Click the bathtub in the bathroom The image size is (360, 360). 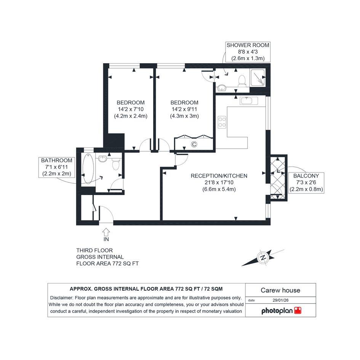pyautogui.click(x=88, y=168)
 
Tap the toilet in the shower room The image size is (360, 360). pyautogui.click(x=242, y=81)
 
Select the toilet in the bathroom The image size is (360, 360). pyautogui.click(x=116, y=164)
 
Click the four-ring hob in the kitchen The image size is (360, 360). pyautogui.click(x=222, y=122)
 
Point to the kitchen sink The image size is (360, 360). pyautogui.click(x=249, y=101)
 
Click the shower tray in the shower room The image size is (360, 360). pyautogui.click(x=258, y=77)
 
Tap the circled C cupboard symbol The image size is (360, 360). pyautogui.click(x=194, y=144)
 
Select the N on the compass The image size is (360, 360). pyautogui.click(x=264, y=257)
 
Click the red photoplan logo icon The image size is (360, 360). pyautogui.click(x=298, y=310)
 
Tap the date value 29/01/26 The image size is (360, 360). pyautogui.click(x=280, y=300)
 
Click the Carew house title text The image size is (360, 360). pyautogui.click(x=280, y=290)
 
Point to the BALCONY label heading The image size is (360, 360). pyautogui.click(x=306, y=176)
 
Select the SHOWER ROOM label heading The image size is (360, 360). pyautogui.click(x=248, y=45)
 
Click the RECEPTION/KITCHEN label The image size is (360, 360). pyautogui.click(x=219, y=176)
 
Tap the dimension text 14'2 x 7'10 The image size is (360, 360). pyautogui.click(x=131, y=109)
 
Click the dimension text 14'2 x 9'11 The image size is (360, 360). pyautogui.click(x=184, y=109)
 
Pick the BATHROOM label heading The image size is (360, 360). pyautogui.click(x=56, y=160)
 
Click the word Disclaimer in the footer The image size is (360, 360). pyautogui.click(x=61, y=298)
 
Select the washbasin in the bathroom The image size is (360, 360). pyautogui.click(x=103, y=158)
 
